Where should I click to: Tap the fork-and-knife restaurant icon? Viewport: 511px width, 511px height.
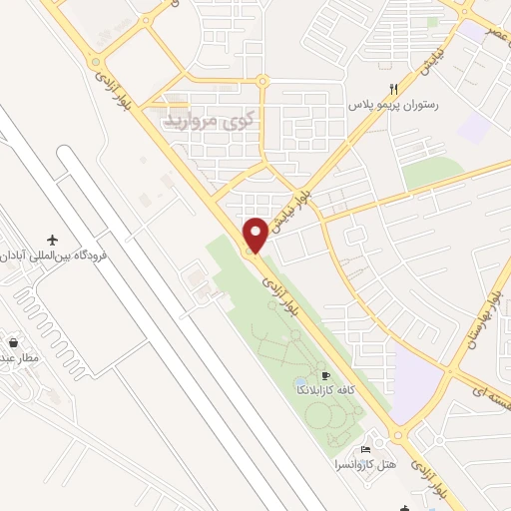396,88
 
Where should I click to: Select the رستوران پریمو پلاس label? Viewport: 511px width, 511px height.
396,104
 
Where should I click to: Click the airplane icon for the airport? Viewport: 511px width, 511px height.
52,240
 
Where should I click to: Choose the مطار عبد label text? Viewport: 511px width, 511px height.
17,356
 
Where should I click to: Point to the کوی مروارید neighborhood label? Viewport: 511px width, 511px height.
204,122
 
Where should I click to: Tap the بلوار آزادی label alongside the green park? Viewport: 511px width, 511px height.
278,297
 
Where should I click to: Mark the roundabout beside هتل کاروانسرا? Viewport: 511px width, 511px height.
400,435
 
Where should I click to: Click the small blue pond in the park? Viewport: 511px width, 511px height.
300,384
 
